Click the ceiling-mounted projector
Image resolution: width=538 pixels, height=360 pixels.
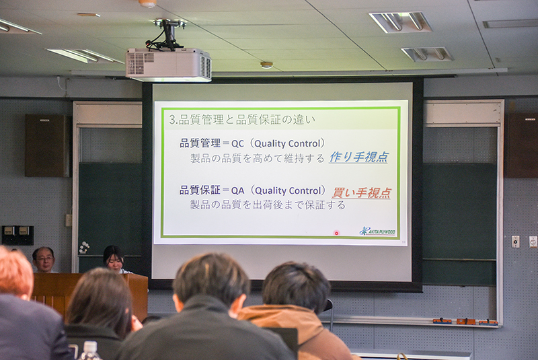pyautogui.click(x=168, y=64)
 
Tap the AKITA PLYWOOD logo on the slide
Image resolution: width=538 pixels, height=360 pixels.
pyautogui.click(x=377, y=231)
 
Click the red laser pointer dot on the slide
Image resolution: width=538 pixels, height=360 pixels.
pyautogui.click(x=336, y=233)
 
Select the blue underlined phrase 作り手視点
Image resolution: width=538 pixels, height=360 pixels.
pyautogui.click(x=358, y=157)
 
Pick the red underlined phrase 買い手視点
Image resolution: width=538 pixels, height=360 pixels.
pyautogui.click(x=361, y=192)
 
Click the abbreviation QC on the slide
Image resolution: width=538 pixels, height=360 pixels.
pyautogui.click(x=237, y=143)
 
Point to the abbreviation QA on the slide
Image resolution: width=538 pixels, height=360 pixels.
pyautogui.click(x=238, y=190)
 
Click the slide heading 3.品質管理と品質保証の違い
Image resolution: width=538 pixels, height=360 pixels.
pyautogui.click(x=242, y=119)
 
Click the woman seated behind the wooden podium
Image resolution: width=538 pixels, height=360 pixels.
pyautogui.click(x=114, y=259)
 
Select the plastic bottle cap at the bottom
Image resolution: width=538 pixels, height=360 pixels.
pyautogui.click(x=90, y=346)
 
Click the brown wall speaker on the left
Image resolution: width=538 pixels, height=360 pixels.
pyautogui.click(x=48, y=145)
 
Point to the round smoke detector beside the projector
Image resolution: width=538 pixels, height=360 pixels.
pyautogui.click(x=266, y=65)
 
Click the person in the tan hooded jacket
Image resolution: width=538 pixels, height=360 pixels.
pyautogui.click(x=297, y=312)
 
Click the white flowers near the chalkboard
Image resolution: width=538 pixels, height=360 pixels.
pyautogui.click(x=83, y=247)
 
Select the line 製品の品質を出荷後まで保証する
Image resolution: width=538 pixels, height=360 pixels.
pyautogui.click(x=268, y=205)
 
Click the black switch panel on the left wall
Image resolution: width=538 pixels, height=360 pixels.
pyautogui.click(x=18, y=236)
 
